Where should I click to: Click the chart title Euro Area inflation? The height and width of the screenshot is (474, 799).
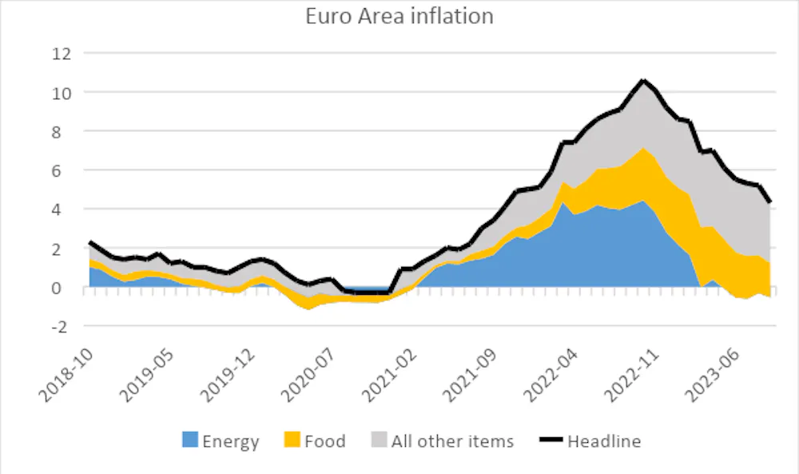click(399, 16)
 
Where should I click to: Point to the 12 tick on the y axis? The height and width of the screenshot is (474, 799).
click(62, 54)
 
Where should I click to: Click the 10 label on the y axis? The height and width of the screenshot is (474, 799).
click(62, 93)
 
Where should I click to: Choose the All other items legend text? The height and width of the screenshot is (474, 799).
click(452, 440)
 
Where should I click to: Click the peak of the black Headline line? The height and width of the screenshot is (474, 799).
click(642, 80)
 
